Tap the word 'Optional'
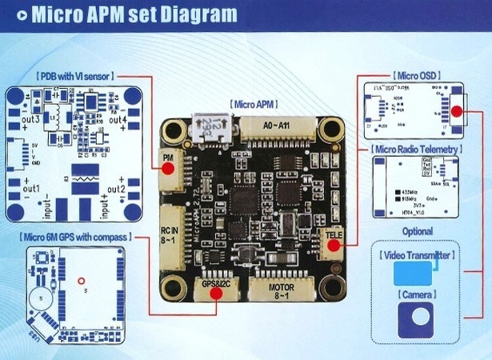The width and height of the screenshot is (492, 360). [x=416, y=231]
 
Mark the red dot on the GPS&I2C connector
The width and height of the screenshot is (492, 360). [x=215, y=292]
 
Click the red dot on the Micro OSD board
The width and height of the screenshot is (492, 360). [x=456, y=112]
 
